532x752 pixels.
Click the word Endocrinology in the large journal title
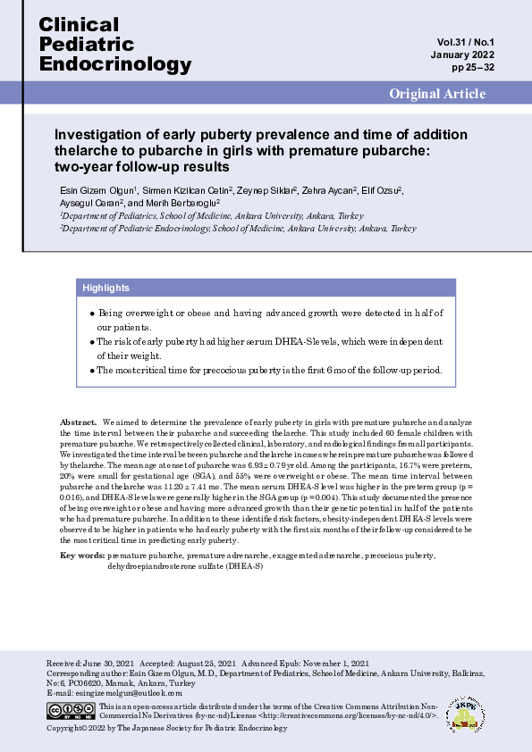pyautogui.click(x=115, y=63)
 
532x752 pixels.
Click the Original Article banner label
pyautogui.click(x=437, y=94)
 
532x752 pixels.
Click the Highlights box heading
pyautogui.click(x=106, y=288)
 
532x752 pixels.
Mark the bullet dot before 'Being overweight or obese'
pyautogui.click(x=92, y=314)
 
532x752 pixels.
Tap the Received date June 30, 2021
pyautogui.click(x=113, y=664)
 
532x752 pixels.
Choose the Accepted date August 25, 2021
pyautogui.click(x=207, y=664)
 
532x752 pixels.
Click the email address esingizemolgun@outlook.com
pyautogui.click(x=127, y=692)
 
